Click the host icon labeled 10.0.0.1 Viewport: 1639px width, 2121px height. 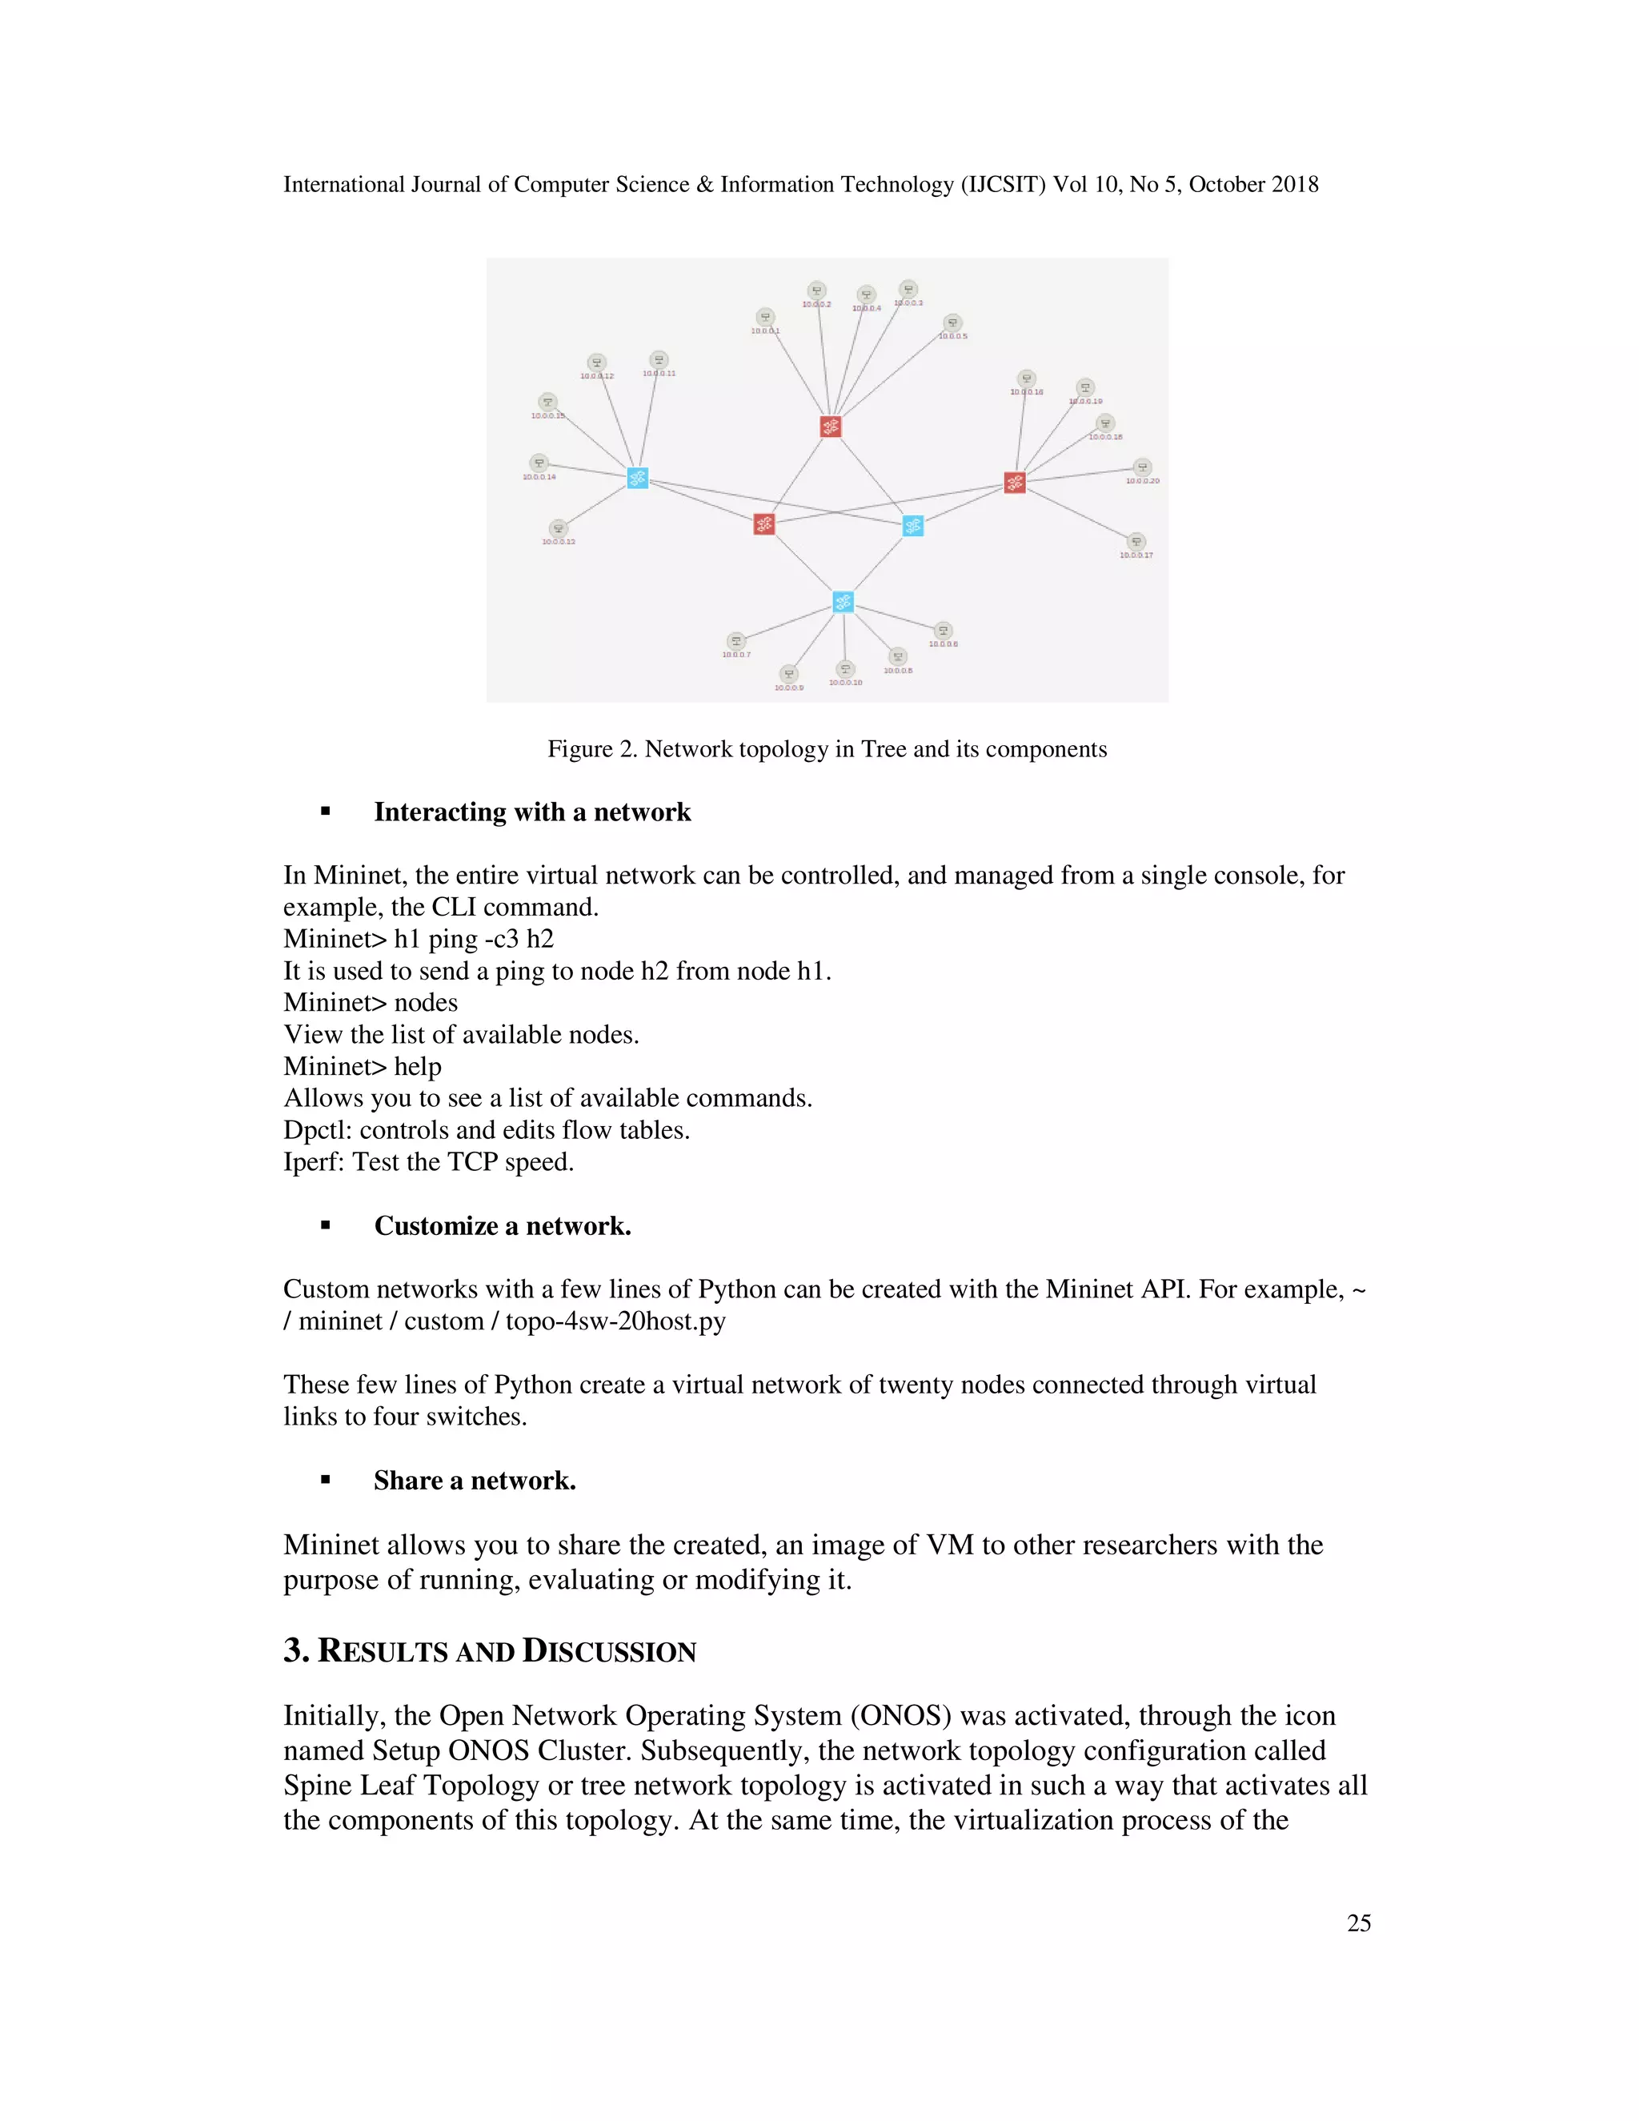[765, 317]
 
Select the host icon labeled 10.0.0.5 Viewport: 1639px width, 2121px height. [952, 323]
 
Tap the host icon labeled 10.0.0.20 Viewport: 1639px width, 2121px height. [1142, 467]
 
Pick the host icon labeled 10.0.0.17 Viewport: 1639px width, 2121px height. [1136, 542]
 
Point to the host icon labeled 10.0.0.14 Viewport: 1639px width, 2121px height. [539, 463]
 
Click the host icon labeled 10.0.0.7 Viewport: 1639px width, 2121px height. [736, 641]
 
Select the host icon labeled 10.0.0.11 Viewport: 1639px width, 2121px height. [659, 360]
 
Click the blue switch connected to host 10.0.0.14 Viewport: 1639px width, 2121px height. [637, 478]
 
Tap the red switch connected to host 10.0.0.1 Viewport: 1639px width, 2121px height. [830, 427]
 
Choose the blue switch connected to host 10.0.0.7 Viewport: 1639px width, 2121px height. [843, 602]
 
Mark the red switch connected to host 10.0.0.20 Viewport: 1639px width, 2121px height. [1015, 483]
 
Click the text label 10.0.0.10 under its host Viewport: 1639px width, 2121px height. [845, 683]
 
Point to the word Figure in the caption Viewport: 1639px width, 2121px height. [579, 749]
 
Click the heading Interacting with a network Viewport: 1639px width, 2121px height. [532, 812]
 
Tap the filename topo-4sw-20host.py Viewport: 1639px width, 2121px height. [615, 1321]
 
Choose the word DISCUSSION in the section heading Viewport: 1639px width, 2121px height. [609, 1652]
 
